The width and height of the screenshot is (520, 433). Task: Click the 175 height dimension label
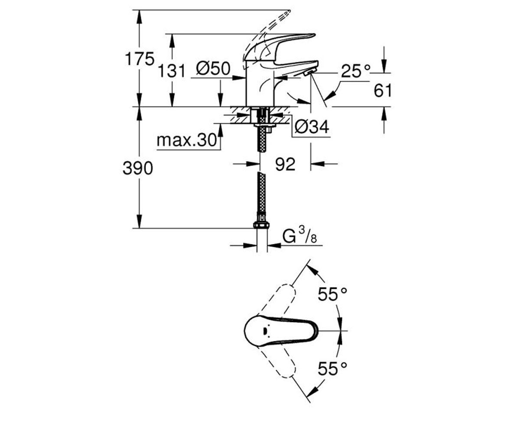140,59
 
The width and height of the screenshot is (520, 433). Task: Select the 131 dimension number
172,71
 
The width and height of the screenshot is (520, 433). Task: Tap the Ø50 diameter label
213,68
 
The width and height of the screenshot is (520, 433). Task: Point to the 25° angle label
356,71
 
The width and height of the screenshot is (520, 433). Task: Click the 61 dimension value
383,90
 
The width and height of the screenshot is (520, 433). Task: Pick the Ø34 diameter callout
312,127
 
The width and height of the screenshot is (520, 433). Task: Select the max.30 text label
187,140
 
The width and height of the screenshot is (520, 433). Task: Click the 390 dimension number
138,168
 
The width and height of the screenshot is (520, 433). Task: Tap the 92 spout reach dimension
285,164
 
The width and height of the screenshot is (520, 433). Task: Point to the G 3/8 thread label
300,236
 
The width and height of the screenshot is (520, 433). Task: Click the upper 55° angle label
332,294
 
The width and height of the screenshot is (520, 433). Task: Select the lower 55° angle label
332,368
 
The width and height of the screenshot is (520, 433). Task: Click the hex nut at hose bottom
261,225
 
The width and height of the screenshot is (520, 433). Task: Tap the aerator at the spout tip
309,73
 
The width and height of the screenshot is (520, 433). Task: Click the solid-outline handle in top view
281,331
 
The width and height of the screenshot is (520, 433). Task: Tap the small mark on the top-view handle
264,331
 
